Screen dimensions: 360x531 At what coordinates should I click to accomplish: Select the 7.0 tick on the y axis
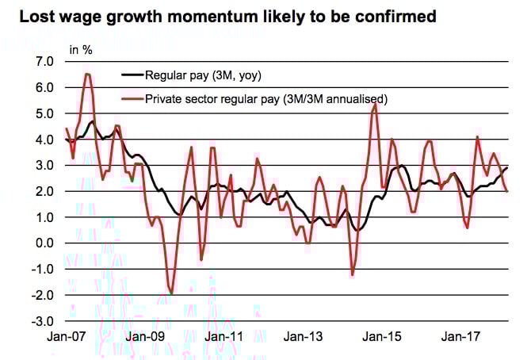(44, 61)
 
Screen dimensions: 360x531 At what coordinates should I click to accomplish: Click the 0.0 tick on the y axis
(44, 243)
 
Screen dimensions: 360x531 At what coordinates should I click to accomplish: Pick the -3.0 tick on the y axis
(42, 321)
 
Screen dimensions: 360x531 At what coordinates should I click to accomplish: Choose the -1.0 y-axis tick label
(42, 269)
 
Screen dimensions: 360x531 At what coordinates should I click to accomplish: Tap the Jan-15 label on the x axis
(381, 336)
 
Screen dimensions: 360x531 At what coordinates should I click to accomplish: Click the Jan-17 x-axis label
(460, 336)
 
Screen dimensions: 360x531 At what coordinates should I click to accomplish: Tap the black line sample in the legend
(131, 75)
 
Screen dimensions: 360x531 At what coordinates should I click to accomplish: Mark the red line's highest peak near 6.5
(87, 74)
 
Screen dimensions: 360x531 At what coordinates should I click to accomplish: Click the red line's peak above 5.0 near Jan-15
(374, 104)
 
